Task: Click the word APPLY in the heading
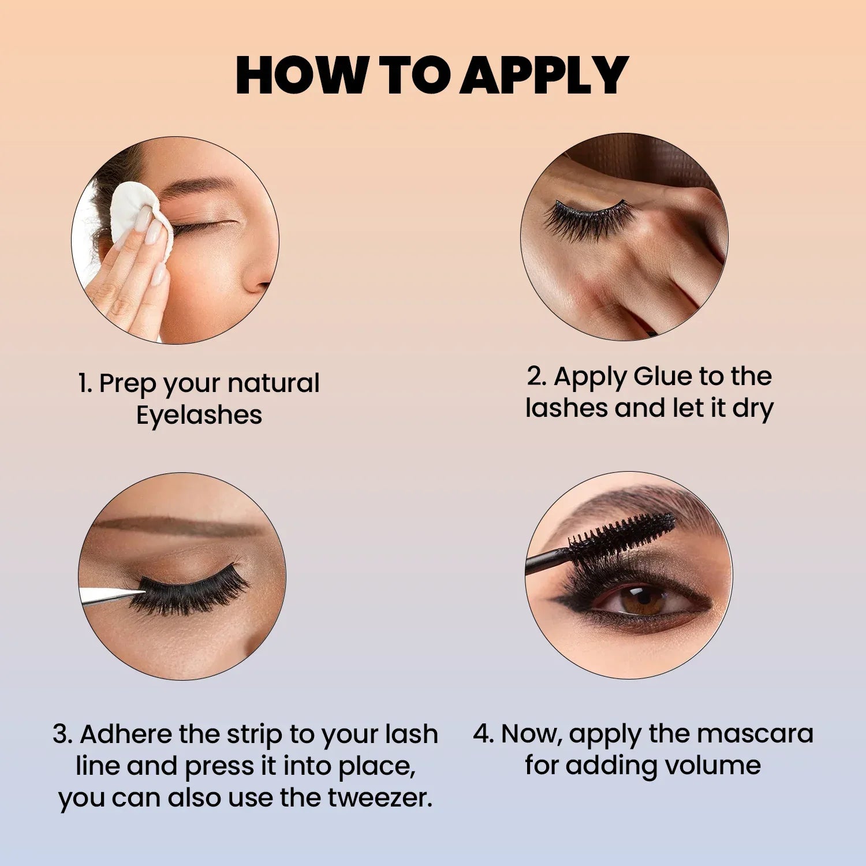(x=544, y=75)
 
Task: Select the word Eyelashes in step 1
(x=199, y=415)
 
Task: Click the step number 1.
(x=84, y=384)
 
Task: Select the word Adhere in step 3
(x=126, y=735)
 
